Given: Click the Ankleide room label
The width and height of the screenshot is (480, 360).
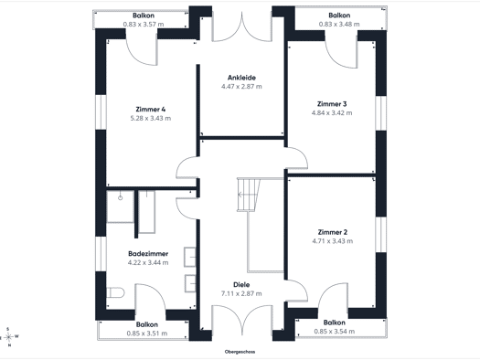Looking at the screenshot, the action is coord(241,78).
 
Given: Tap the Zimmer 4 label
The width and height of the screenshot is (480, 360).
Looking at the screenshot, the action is coord(151,110).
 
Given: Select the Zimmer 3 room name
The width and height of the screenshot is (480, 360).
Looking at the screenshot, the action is coord(332,104).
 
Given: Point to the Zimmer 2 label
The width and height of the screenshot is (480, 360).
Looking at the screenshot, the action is coord(333,232).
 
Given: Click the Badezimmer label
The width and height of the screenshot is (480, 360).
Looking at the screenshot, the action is coord(148,254).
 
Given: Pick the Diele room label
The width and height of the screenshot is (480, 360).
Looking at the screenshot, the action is coord(241,285).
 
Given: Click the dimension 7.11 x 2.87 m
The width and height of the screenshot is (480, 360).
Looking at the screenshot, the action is coord(241,293).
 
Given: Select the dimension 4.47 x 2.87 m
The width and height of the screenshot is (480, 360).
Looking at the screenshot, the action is coord(241,87).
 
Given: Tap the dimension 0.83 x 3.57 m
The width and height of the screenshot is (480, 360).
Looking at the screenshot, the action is coord(144,24).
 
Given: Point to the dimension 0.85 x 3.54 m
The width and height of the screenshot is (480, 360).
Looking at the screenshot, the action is coord(335,332).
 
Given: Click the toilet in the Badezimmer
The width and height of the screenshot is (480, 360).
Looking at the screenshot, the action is coord(115,292).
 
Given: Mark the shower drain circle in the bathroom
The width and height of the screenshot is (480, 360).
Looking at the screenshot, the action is coord(121,198).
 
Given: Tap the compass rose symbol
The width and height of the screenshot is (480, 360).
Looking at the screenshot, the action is coord(9,337).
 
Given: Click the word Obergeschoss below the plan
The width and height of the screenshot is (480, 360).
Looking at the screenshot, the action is coord(240,352).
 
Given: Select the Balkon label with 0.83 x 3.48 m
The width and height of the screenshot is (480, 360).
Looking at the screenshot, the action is coord(339,16).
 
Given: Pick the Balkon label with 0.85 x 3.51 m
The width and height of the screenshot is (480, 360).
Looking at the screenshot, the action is coord(147,324).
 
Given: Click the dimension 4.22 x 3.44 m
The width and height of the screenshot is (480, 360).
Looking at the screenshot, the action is coord(148,262).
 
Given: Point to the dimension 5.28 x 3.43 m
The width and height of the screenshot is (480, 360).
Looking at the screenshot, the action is coord(151,118).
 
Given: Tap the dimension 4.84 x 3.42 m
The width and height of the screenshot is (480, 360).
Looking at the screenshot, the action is coord(332,113).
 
